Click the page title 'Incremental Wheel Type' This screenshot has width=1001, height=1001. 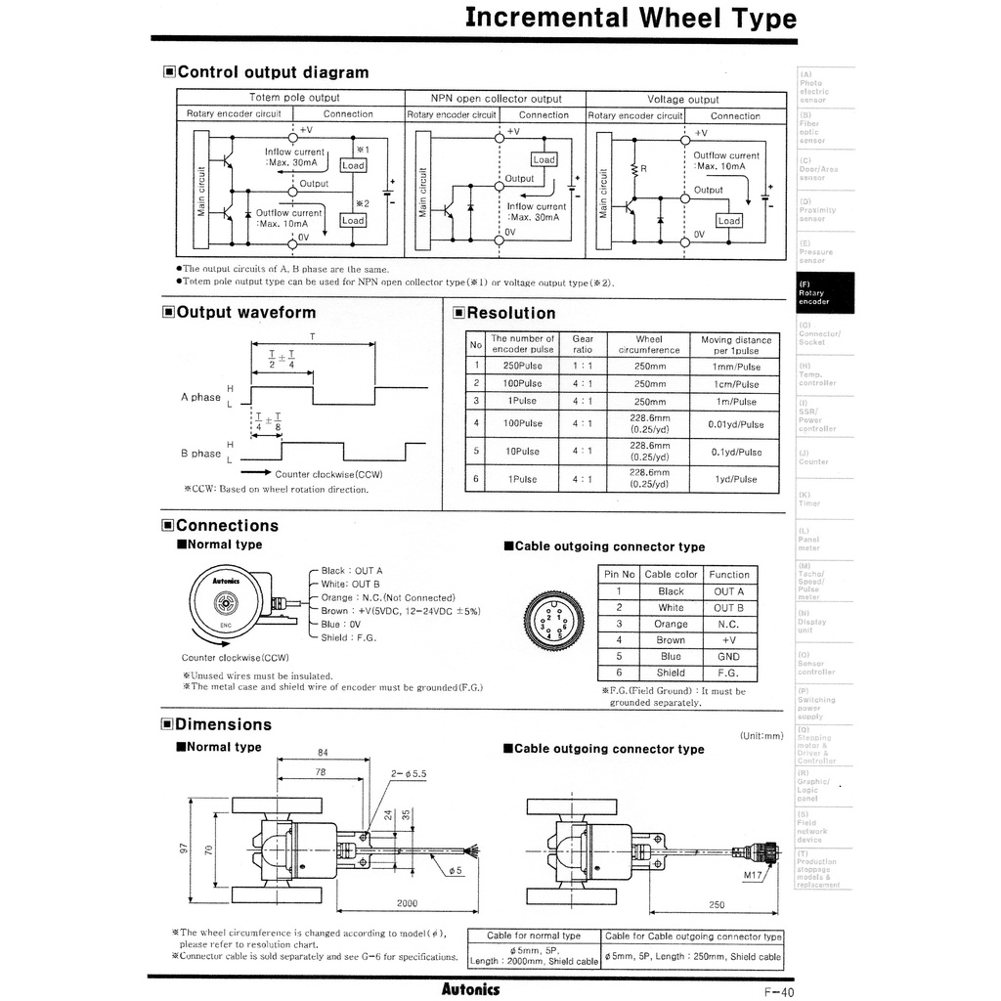630,18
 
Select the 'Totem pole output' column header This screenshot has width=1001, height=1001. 294,98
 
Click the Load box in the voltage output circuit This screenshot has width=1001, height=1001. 728,221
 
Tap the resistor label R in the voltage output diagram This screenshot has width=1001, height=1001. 643,168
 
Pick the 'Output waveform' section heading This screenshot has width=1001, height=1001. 245,313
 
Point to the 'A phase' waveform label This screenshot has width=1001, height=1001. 200,398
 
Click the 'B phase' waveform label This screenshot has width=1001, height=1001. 200,454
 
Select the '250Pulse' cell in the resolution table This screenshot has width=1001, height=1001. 523,366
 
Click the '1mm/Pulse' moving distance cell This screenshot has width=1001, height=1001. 736,367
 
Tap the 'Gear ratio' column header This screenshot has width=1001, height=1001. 583,344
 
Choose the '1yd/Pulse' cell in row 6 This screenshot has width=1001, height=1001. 736,479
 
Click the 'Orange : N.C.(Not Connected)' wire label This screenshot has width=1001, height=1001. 388,597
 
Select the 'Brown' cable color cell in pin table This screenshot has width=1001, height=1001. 671,640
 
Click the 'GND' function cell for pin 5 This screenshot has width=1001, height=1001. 728,657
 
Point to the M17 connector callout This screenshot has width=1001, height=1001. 752,875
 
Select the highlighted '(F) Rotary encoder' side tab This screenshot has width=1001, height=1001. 826,293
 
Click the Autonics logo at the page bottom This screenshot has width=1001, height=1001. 470,988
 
